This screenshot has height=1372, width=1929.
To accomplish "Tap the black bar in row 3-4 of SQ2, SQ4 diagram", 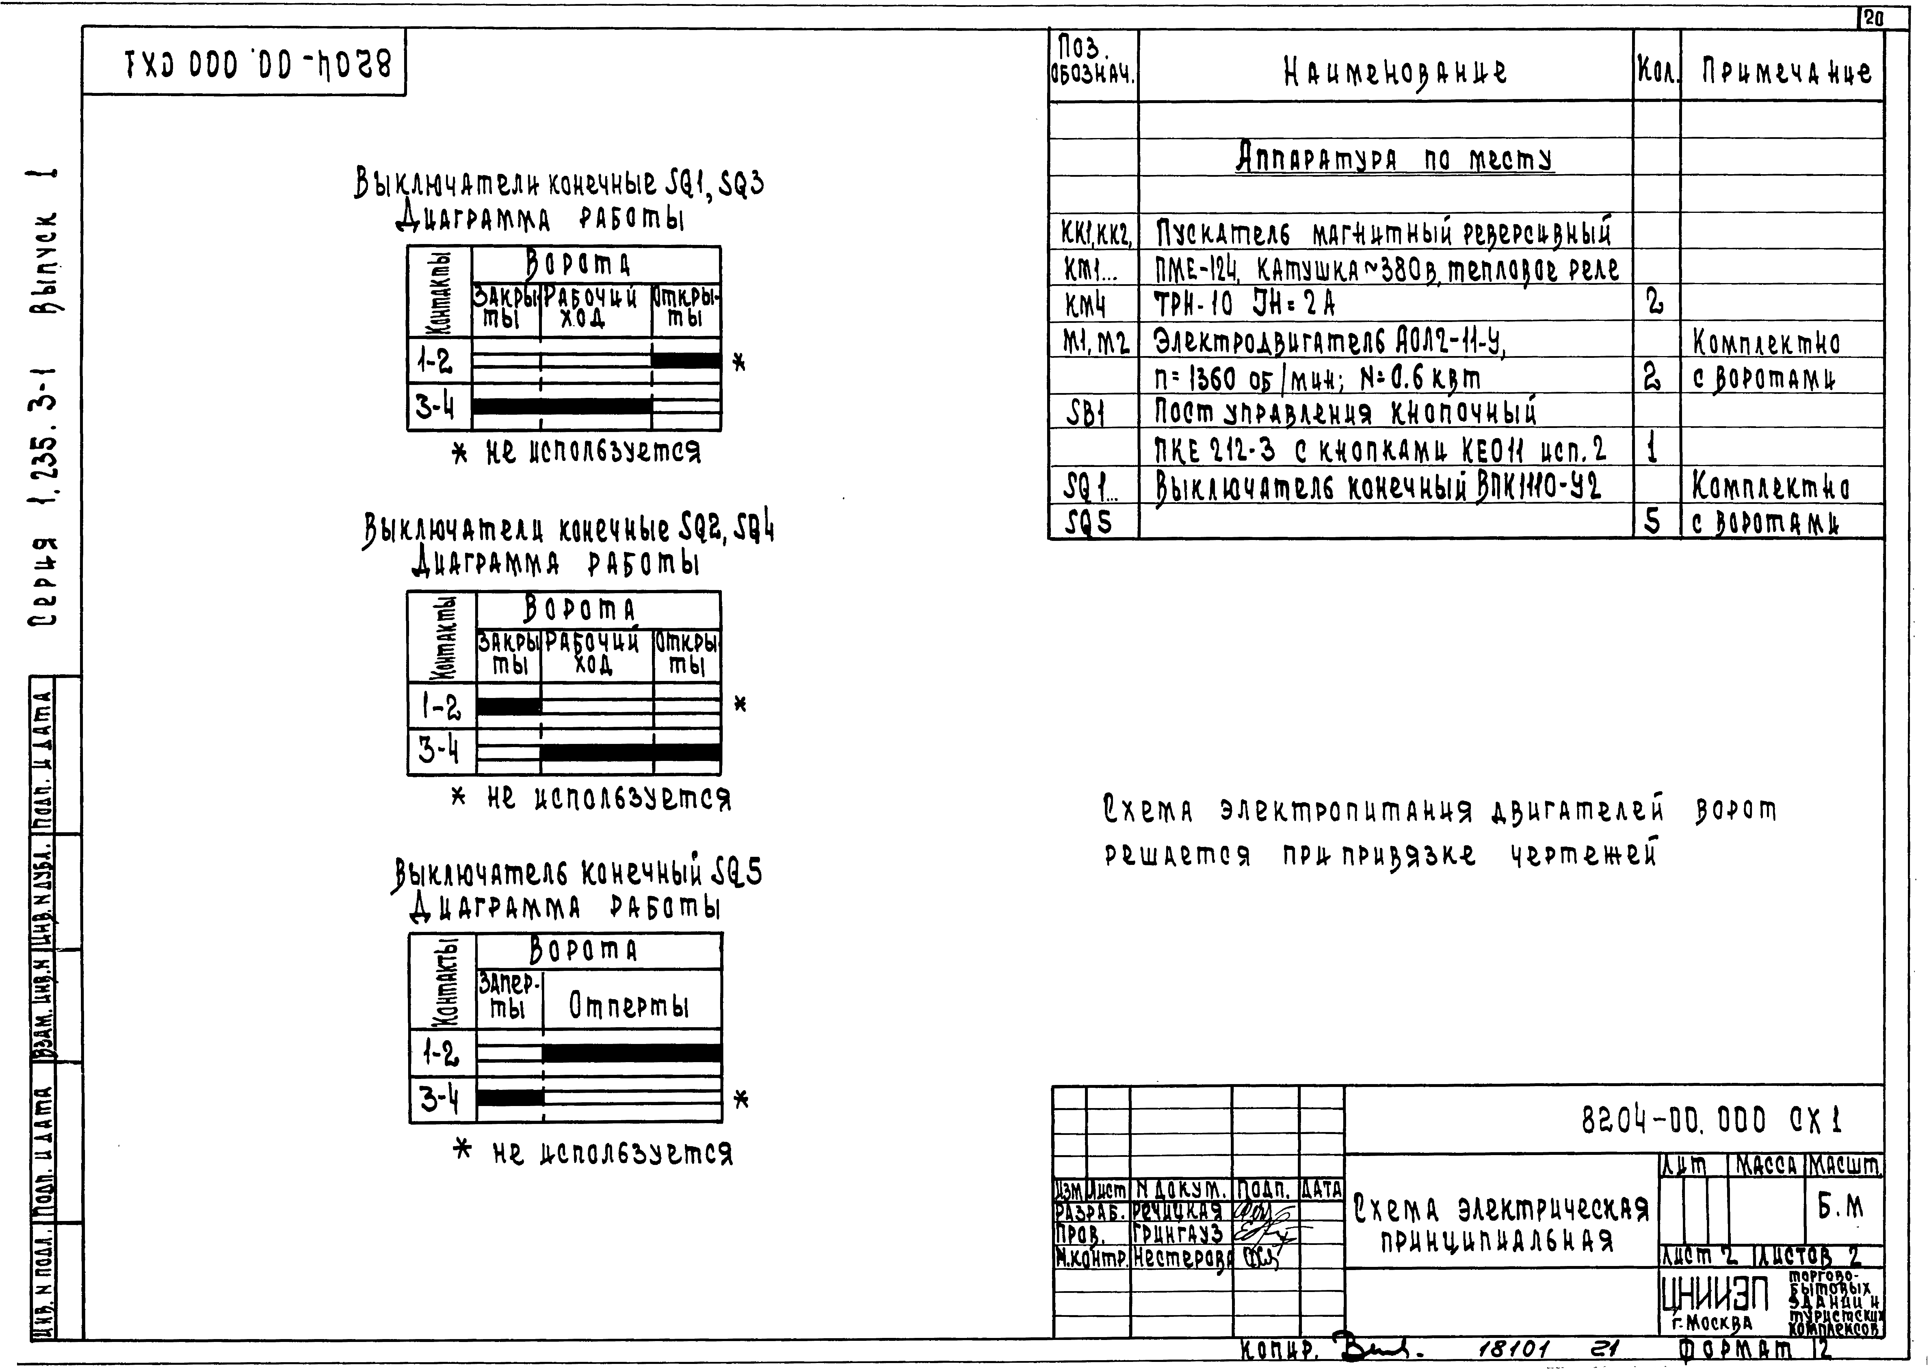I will pyautogui.click(x=630, y=753).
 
